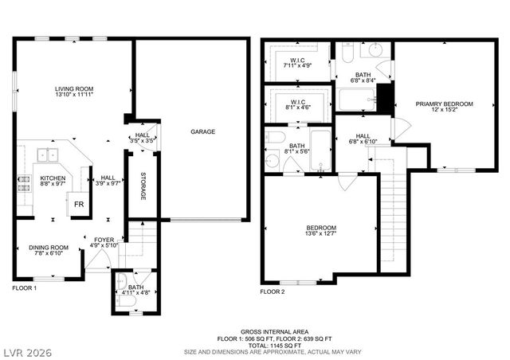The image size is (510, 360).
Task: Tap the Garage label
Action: coord(202,131)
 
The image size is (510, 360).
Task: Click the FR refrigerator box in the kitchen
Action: coord(79,203)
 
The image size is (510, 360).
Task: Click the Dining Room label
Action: coord(49,252)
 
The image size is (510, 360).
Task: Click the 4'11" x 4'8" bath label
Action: coord(135,290)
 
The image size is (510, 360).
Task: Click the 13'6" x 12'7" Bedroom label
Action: coord(320,231)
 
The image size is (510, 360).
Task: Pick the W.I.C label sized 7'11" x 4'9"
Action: coord(300,63)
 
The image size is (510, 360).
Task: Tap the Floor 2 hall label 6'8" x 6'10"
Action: coord(363,139)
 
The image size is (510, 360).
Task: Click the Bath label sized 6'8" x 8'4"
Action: coord(363,76)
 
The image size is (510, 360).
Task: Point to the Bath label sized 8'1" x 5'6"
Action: coord(296,149)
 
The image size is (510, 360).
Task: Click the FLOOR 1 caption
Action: coord(24,288)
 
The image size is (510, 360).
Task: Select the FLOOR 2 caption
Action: coord(273,292)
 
